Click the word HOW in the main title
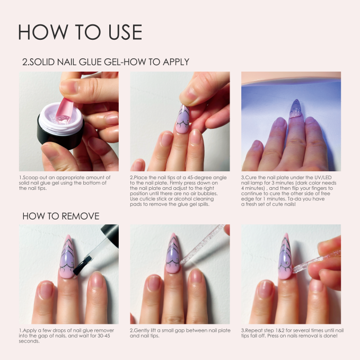coord(43,32)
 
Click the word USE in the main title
coord(125,32)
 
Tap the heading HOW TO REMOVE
coord(61,216)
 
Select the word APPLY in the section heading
coord(176,62)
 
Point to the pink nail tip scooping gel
coord(63,109)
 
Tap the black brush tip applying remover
coord(81,266)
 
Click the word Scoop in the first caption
coord(31,178)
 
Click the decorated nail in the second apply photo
coord(183,119)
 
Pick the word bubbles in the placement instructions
coord(207,194)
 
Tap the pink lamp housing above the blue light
coord(291,77)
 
